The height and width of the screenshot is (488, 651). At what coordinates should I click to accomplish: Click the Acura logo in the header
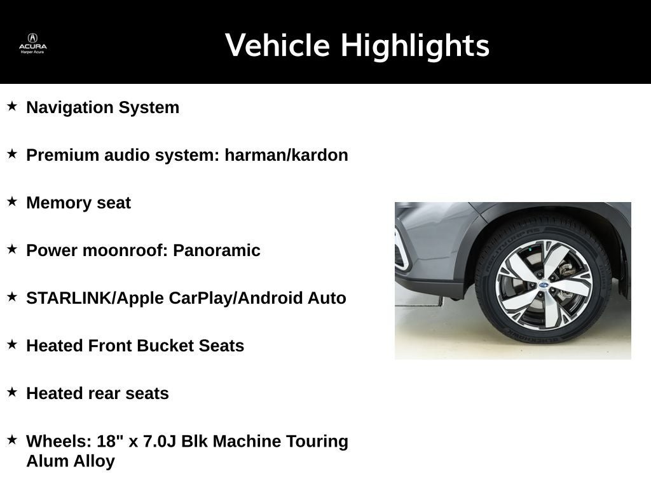[x=33, y=43]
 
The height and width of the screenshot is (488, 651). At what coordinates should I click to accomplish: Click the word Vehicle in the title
[x=277, y=45]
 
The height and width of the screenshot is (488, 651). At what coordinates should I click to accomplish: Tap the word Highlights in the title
[x=415, y=46]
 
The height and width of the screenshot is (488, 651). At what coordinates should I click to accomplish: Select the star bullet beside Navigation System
[x=12, y=106]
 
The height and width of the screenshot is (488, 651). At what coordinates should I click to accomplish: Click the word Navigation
[x=70, y=107]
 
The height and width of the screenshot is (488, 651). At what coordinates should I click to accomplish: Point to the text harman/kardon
[x=287, y=155]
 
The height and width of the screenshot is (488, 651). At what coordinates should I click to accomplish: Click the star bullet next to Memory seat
[x=12, y=201]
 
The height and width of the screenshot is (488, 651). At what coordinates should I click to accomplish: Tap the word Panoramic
[x=217, y=250]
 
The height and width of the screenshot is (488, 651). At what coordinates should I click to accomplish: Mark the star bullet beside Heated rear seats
[x=12, y=392]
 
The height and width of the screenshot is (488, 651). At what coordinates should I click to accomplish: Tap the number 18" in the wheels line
[x=110, y=441]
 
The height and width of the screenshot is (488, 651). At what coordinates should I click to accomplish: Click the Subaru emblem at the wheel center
[x=544, y=285]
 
